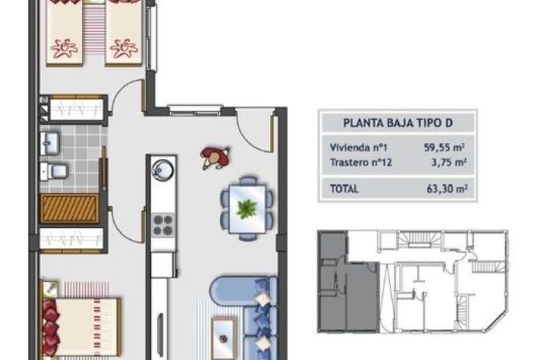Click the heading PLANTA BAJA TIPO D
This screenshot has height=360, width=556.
(x=397, y=123)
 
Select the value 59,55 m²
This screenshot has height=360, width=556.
(x=444, y=147)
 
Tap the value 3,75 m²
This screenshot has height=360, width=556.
(x=448, y=162)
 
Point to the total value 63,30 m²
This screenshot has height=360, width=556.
(x=446, y=188)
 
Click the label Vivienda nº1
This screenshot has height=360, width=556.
(x=358, y=147)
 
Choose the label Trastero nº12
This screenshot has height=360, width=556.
(x=361, y=162)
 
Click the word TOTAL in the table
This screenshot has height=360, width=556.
(x=344, y=188)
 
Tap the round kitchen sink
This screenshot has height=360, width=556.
(x=163, y=169)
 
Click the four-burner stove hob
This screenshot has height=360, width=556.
(x=163, y=225)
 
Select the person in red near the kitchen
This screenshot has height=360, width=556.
(x=215, y=158)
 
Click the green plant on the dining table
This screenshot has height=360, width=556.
(x=247, y=208)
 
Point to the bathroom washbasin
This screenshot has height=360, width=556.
(x=50, y=143)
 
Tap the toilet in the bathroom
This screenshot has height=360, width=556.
(x=54, y=172)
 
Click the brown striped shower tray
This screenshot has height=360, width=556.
(x=69, y=208)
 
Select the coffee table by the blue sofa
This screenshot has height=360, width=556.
(x=223, y=339)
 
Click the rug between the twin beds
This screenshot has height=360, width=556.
(x=94, y=24)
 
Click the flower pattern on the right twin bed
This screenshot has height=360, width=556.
(x=124, y=48)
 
